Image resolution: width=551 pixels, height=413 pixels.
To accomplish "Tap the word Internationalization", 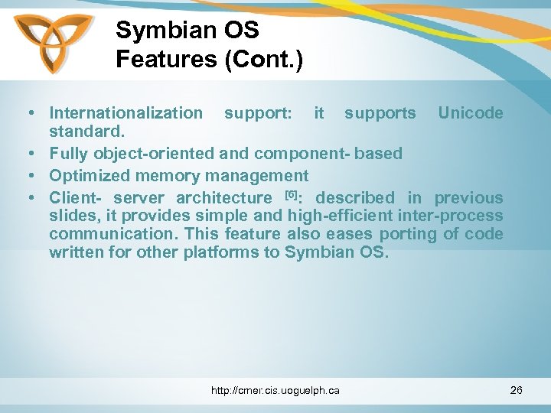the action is [x=126, y=113].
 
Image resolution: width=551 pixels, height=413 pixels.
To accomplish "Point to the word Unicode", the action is [x=470, y=113].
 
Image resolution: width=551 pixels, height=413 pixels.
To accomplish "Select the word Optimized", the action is [x=90, y=176].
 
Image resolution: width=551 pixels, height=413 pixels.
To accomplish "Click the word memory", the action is [x=174, y=176].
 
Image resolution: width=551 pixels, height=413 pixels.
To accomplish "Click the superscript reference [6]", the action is [x=291, y=193].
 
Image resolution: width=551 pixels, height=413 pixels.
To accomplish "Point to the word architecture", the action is [x=223, y=198].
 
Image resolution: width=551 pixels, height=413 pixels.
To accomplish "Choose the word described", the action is [x=353, y=198].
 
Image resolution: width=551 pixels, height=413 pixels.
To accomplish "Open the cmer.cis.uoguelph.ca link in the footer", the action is [x=275, y=391].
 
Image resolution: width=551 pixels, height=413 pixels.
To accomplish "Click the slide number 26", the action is [x=516, y=391].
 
